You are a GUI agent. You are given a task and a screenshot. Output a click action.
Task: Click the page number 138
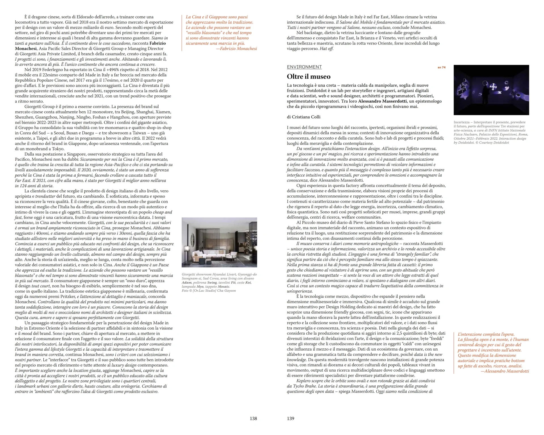253,418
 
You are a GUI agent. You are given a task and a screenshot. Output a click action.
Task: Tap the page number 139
290,418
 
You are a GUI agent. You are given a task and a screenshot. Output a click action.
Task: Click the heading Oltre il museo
309,76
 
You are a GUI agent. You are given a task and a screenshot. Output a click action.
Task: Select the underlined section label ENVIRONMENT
304,67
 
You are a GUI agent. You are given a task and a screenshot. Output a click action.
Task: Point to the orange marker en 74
441,67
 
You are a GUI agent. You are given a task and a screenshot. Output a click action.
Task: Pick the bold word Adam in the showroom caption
186,282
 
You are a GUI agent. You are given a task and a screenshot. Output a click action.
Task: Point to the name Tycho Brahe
304,386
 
